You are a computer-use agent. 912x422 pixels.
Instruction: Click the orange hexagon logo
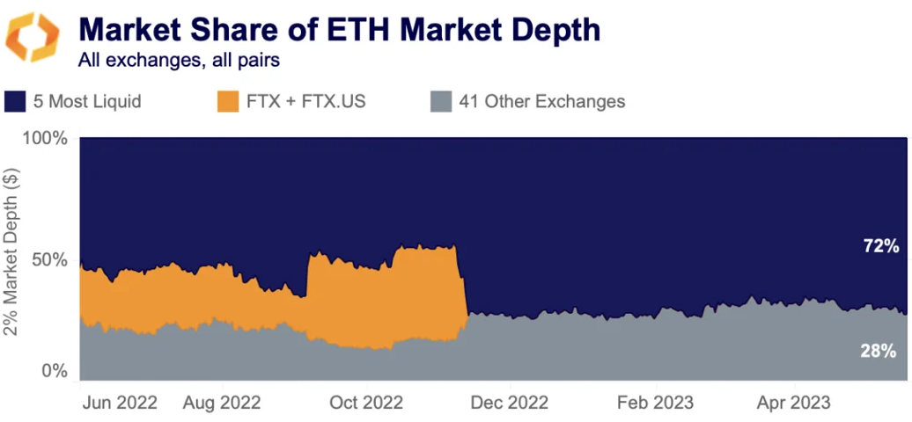(x=33, y=38)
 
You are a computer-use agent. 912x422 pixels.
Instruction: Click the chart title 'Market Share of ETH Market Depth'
(x=339, y=30)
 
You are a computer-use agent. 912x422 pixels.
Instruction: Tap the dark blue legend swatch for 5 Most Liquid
(x=16, y=101)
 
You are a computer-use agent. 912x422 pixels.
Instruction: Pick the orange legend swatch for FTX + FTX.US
(x=227, y=101)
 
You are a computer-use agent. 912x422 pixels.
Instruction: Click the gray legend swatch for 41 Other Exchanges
(x=441, y=101)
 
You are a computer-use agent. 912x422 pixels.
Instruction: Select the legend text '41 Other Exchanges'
(x=541, y=101)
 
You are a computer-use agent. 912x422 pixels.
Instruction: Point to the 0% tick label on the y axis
(x=55, y=371)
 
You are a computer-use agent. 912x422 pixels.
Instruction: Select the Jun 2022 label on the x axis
(x=119, y=403)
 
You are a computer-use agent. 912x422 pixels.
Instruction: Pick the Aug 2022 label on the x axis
(x=222, y=403)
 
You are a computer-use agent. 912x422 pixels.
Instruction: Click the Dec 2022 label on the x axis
(x=509, y=403)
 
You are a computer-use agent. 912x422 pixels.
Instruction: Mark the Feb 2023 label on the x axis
(x=654, y=403)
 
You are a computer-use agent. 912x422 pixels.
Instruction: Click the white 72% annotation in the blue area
(x=879, y=246)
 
